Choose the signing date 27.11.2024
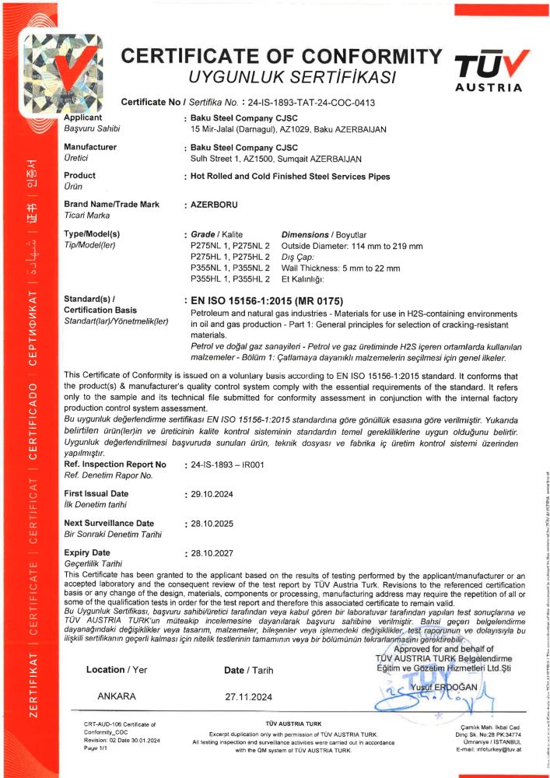(x=247, y=696)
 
